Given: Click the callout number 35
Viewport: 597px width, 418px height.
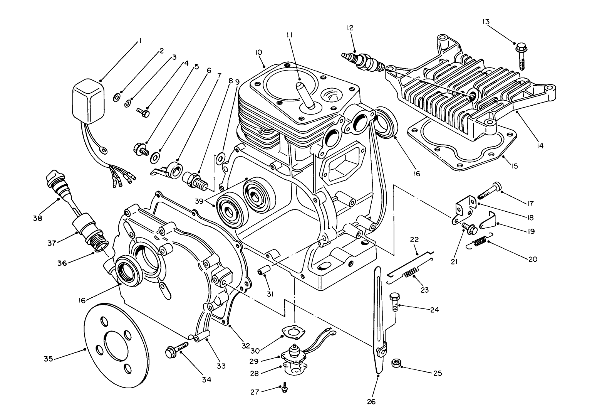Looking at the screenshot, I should tap(48, 359).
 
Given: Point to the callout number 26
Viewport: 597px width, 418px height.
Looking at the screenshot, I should tap(371, 401).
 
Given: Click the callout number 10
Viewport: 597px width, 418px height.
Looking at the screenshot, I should tap(258, 52).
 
